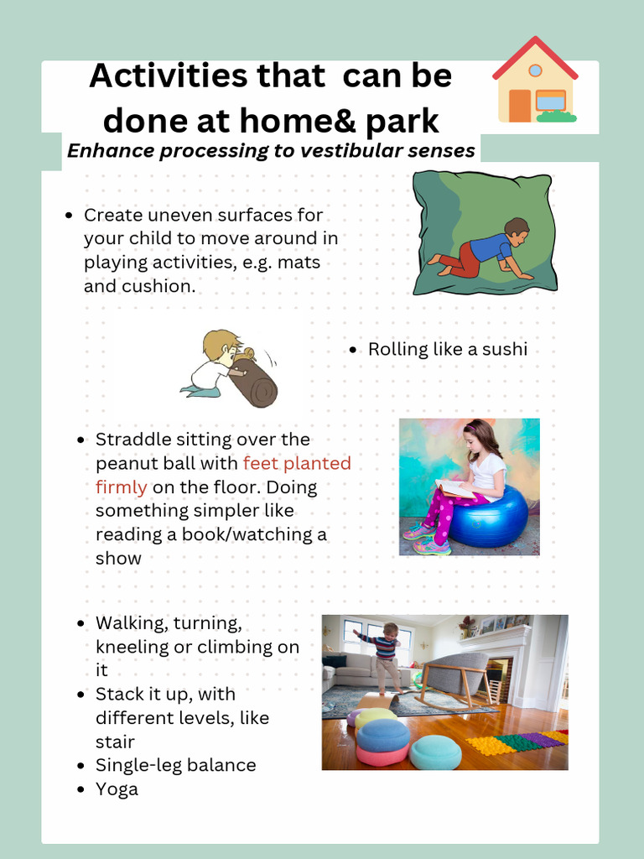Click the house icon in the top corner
[535, 81]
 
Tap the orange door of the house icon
[520, 106]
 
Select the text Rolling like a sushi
[447, 349]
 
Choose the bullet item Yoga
[117, 789]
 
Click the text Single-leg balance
[175, 765]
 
